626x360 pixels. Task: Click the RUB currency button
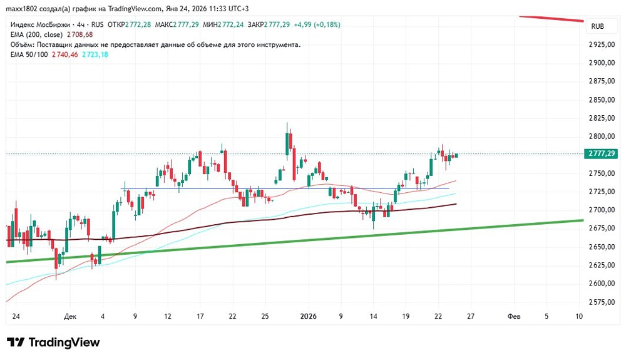coord(597,27)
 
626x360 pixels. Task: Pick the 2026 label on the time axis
coord(308,317)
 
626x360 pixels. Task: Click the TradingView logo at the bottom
coord(53,342)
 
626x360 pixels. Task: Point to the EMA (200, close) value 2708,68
coord(80,34)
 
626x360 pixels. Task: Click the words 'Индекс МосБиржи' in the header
coord(38,24)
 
